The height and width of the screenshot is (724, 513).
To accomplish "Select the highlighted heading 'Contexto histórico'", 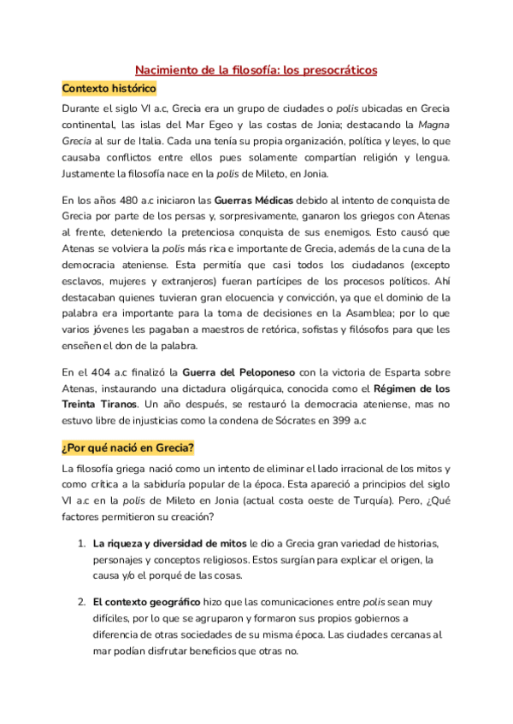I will [109, 88].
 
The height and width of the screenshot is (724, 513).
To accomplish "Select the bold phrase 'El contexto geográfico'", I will [146, 602].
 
